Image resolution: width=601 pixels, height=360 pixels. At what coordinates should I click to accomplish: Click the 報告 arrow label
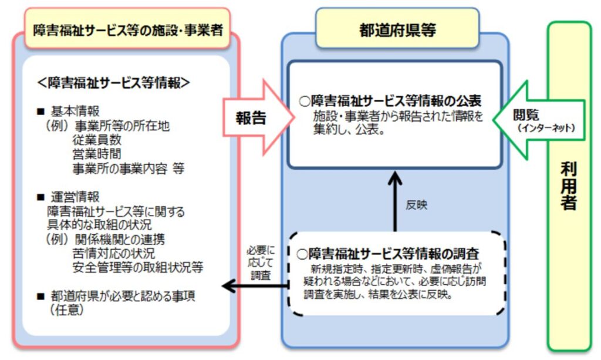251,117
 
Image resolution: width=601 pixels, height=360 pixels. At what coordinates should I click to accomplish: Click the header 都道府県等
397,30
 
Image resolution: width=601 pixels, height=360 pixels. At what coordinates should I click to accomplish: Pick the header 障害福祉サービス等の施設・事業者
127,30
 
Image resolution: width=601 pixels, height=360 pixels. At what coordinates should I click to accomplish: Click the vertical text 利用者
568,187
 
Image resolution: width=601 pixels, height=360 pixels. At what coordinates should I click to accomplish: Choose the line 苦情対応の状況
114,254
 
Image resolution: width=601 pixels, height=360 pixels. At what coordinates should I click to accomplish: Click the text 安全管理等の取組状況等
138,268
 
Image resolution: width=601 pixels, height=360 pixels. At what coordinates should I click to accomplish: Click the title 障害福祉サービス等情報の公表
393,101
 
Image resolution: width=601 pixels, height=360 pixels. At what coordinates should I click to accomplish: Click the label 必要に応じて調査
259,263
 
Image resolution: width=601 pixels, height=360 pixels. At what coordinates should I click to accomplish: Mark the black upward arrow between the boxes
397,200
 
